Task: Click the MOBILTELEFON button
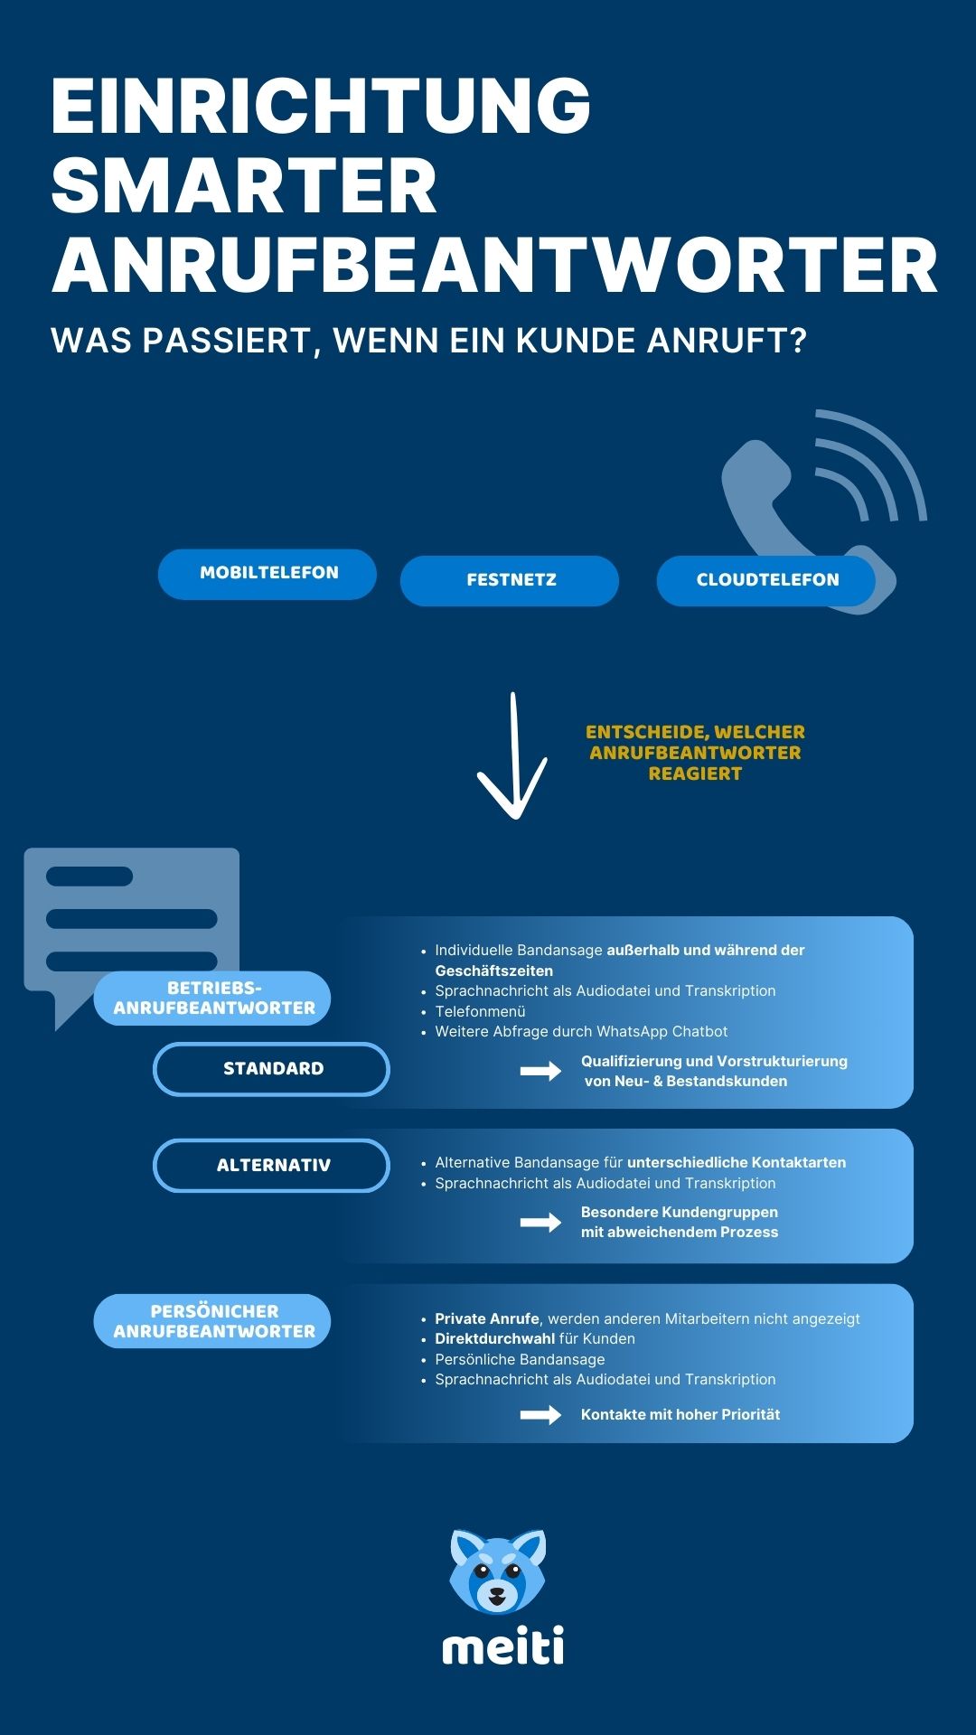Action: [x=267, y=574]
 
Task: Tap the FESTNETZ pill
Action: [x=510, y=580]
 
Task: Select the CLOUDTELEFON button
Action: [x=766, y=580]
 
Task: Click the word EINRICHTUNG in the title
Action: [x=321, y=106]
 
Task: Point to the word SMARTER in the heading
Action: [x=244, y=186]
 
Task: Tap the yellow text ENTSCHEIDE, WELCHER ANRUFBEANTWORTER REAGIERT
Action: [x=695, y=753]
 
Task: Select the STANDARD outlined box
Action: [x=272, y=1069]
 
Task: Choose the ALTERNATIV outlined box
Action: [x=272, y=1166]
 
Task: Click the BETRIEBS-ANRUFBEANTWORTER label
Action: [x=213, y=999]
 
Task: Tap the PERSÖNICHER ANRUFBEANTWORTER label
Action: [x=213, y=1321]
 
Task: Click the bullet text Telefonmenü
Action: [x=480, y=1011]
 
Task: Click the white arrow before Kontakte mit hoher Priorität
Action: [x=540, y=1415]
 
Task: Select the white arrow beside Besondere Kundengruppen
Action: [x=540, y=1223]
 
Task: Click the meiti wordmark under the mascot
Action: [x=502, y=1646]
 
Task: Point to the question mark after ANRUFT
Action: [x=797, y=342]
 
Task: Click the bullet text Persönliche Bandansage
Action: [x=520, y=1360]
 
